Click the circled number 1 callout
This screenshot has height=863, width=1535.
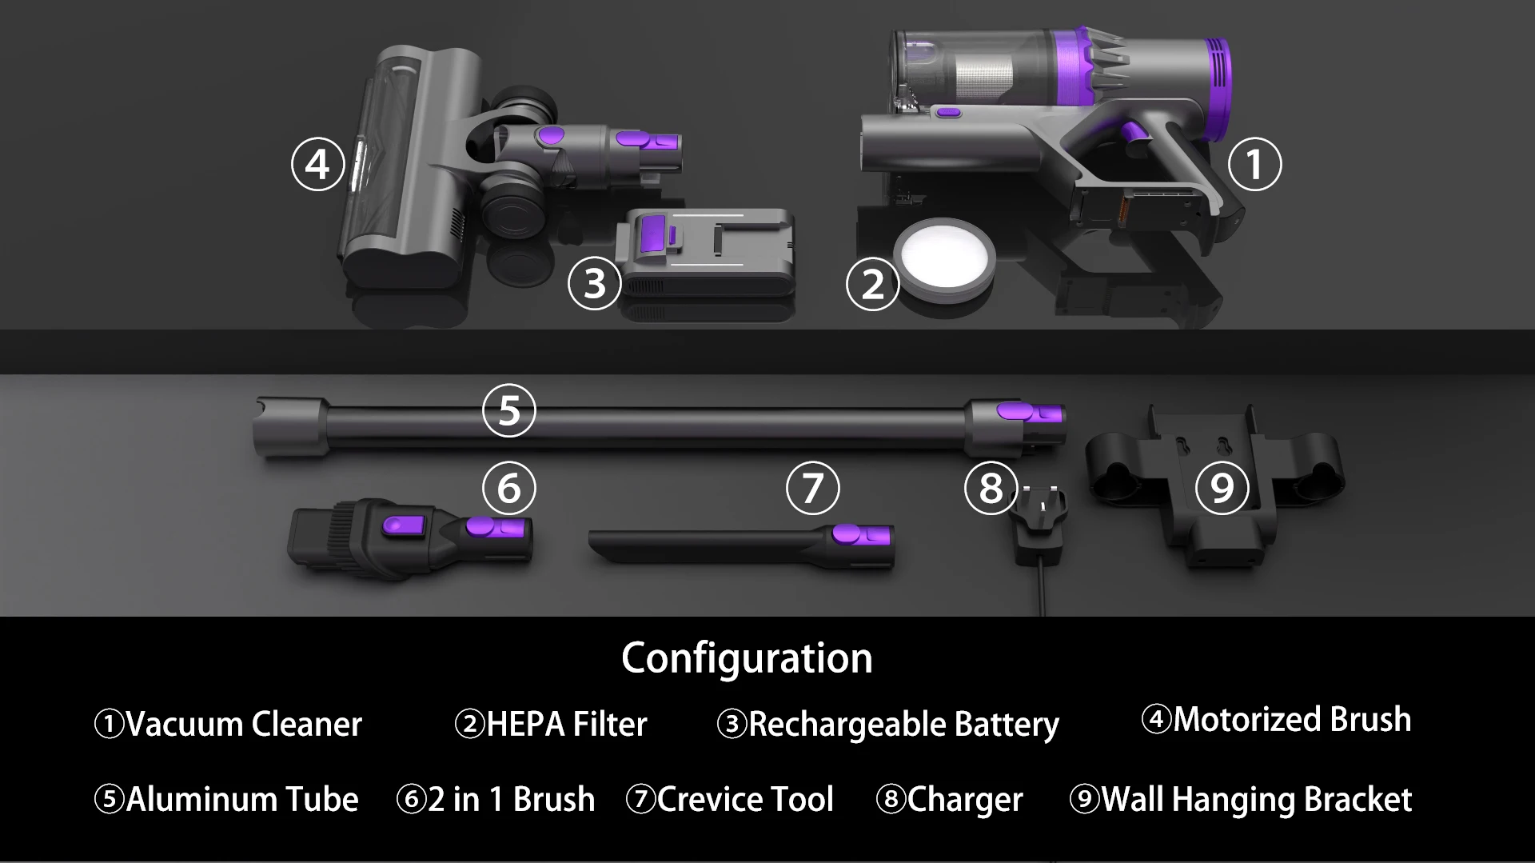point(1254,165)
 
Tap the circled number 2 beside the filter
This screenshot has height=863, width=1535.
point(872,284)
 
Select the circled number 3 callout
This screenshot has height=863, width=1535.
point(594,283)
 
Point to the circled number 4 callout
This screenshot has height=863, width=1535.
point(317,165)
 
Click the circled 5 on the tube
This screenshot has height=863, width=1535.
point(509,411)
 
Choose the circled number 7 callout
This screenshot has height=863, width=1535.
point(812,488)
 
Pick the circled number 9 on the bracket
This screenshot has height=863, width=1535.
point(1222,488)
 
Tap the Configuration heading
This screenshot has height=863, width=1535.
point(747,658)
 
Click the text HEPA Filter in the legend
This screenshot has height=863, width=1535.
point(566,724)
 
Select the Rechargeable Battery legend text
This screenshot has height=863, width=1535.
point(903,724)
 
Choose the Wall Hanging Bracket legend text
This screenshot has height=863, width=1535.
point(1256,800)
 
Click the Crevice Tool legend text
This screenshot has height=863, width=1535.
point(745,800)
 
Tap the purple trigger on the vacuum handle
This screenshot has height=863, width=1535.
point(1134,136)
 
